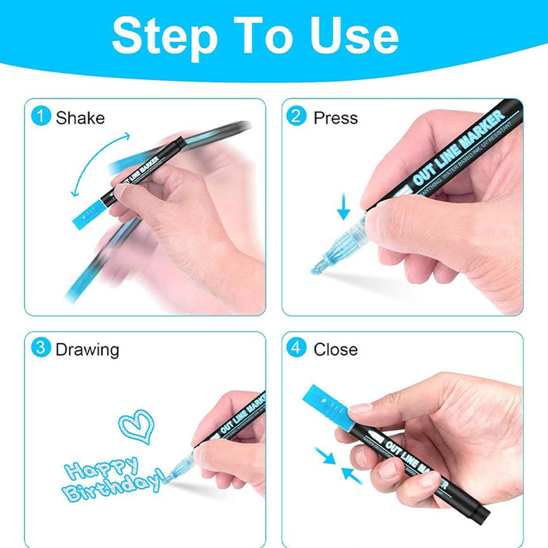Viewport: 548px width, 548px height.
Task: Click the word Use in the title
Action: point(355,36)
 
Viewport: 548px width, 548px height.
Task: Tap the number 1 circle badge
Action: point(41,117)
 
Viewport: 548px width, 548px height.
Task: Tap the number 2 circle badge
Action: point(296,117)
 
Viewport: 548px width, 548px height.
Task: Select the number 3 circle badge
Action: point(41,349)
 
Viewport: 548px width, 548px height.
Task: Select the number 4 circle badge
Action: point(296,349)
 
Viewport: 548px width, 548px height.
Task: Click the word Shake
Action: point(80,118)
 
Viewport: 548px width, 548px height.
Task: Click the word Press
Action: point(336,118)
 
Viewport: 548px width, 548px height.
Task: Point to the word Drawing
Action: point(87,350)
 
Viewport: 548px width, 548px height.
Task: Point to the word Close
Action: point(336,350)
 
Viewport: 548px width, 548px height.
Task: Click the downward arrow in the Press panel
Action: point(344,208)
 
